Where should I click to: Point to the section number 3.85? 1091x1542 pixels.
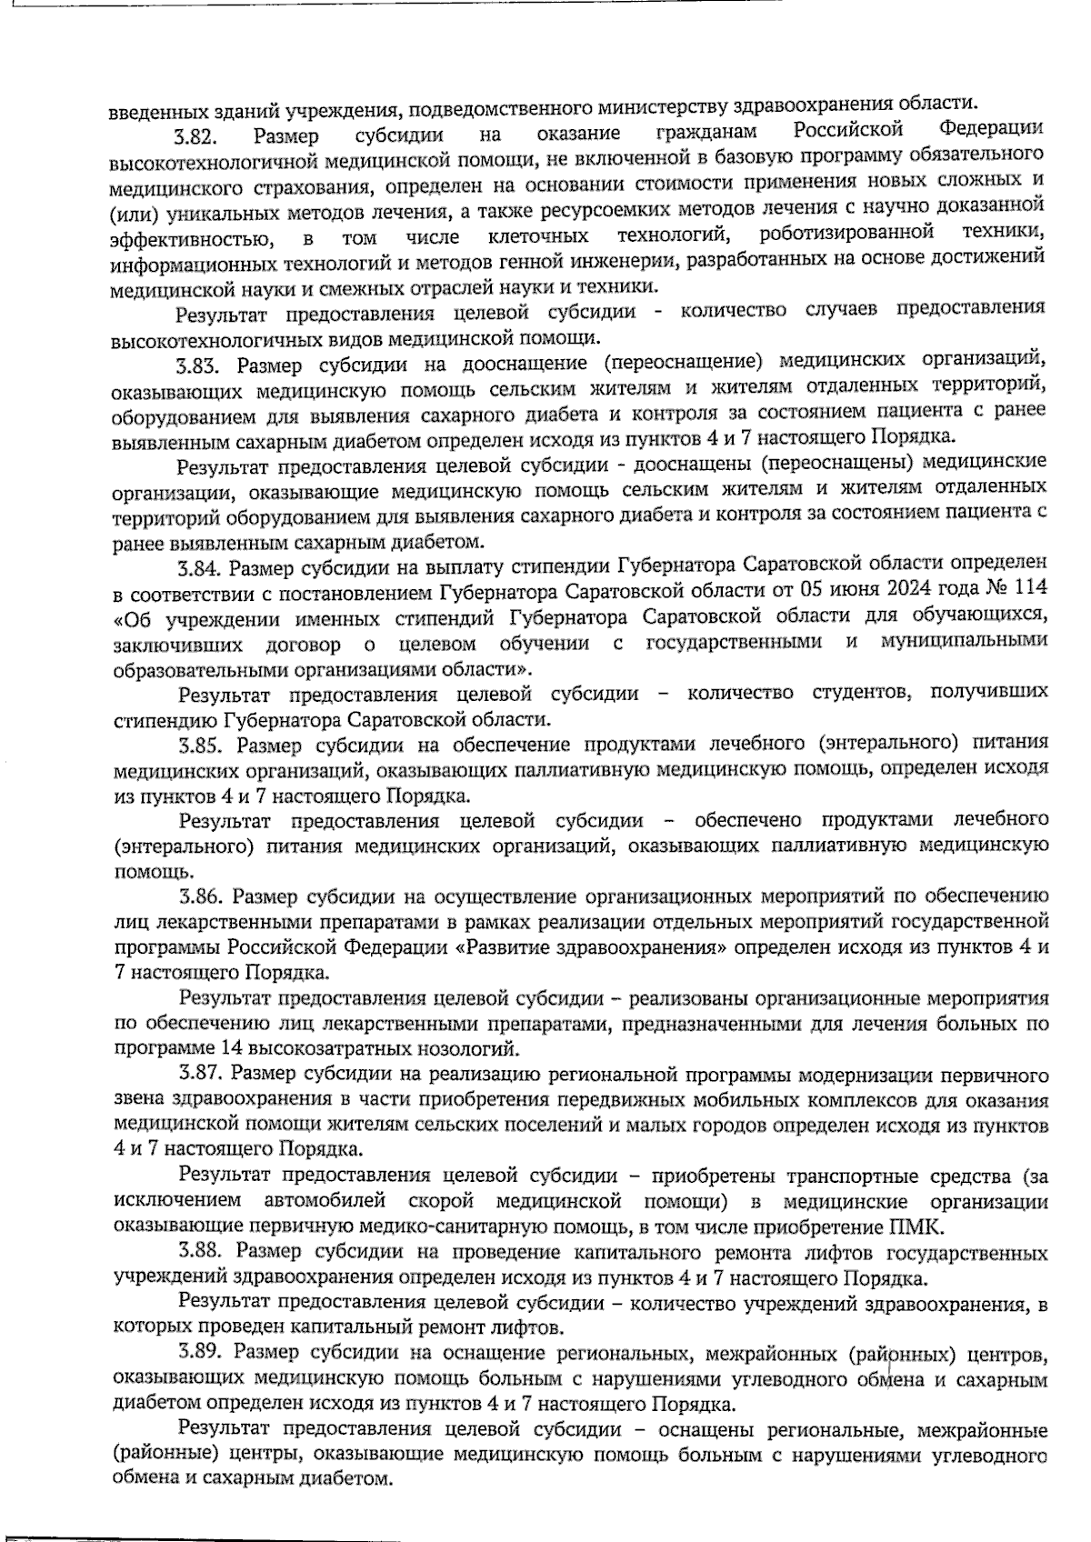pos(201,746)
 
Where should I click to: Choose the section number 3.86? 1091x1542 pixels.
pos(201,897)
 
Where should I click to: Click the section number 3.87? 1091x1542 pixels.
pos(201,1076)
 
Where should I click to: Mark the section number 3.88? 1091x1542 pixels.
pos(202,1253)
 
